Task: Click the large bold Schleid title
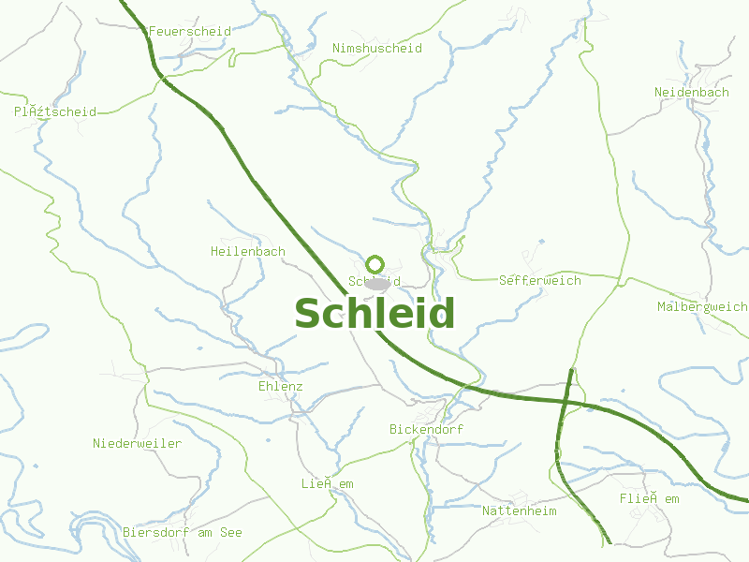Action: (x=374, y=314)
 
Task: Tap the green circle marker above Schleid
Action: (x=375, y=264)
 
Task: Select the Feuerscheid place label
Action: (x=190, y=31)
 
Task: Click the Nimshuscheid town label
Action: (x=377, y=48)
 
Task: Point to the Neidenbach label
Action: (x=692, y=93)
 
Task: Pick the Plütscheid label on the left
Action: (x=55, y=111)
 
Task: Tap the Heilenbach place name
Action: (x=248, y=252)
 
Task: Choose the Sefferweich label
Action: (x=540, y=280)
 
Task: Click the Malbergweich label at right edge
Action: (x=702, y=307)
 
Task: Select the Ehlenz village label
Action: (x=281, y=386)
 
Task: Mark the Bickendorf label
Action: (x=426, y=429)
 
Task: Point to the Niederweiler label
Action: (x=138, y=443)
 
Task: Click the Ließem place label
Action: (x=328, y=483)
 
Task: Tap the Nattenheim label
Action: (x=520, y=510)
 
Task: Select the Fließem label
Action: (x=649, y=499)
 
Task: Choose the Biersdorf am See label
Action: (x=183, y=532)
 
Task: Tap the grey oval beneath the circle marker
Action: (x=377, y=283)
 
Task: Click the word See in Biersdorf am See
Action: (x=231, y=532)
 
